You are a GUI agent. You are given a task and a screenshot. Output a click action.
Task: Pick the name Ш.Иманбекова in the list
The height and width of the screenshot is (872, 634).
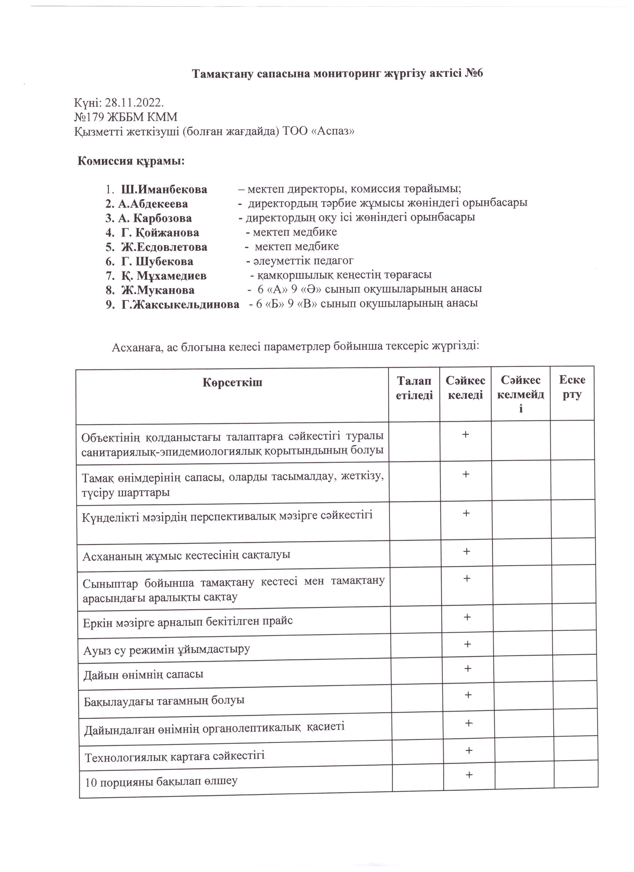click(x=164, y=190)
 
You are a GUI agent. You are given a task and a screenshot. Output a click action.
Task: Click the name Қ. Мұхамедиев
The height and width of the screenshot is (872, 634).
click(x=164, y=276)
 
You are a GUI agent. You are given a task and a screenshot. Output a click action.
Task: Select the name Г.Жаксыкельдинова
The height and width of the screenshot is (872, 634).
click(x=180, y=305)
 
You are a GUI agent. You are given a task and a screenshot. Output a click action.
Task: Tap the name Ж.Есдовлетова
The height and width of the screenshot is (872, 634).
click(x=164, y=247)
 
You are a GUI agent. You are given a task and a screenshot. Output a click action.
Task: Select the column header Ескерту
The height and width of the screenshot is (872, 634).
click(x=572, y=388)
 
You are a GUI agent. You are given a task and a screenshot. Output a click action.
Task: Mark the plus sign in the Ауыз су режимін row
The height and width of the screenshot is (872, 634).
click(x=468, y=644)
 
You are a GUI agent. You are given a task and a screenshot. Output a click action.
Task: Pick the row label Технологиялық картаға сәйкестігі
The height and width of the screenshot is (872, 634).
click(x=175, y=757)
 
